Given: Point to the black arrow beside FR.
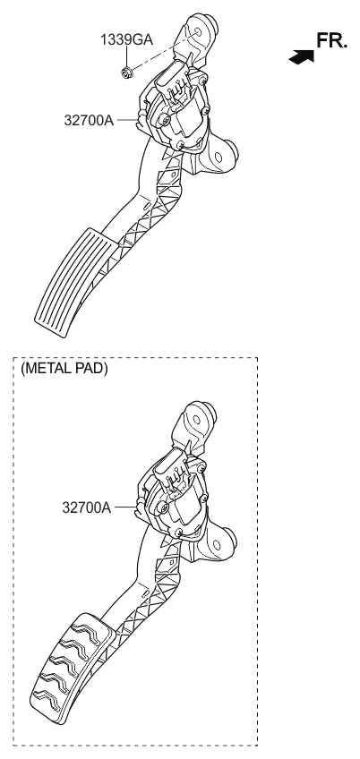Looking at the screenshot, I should [x=302, y=55].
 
